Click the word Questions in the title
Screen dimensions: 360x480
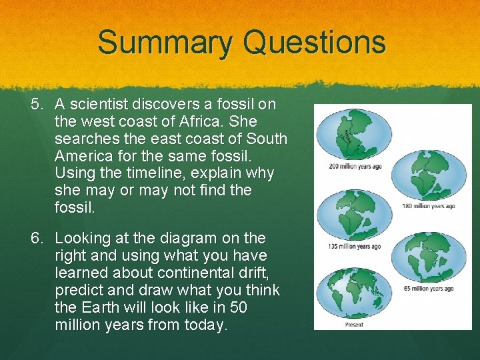pyautogui.click(x=314, y=42)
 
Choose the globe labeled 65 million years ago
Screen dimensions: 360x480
pyautogui.click(x=428, y=257)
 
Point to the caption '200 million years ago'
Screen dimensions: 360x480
pyautogui.click(x=355, y=166)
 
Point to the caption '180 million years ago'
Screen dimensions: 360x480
pyautogui.click(x=428, y=206)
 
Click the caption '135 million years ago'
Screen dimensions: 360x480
pyautogui.click(x=355, y=247)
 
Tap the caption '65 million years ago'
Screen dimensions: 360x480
pyautogui.click(x=428, y=289)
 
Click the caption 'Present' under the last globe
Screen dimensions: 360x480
pyautogui.click(x=355, y=325)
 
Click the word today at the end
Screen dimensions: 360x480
pyautogui.click(x=207, y=325)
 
